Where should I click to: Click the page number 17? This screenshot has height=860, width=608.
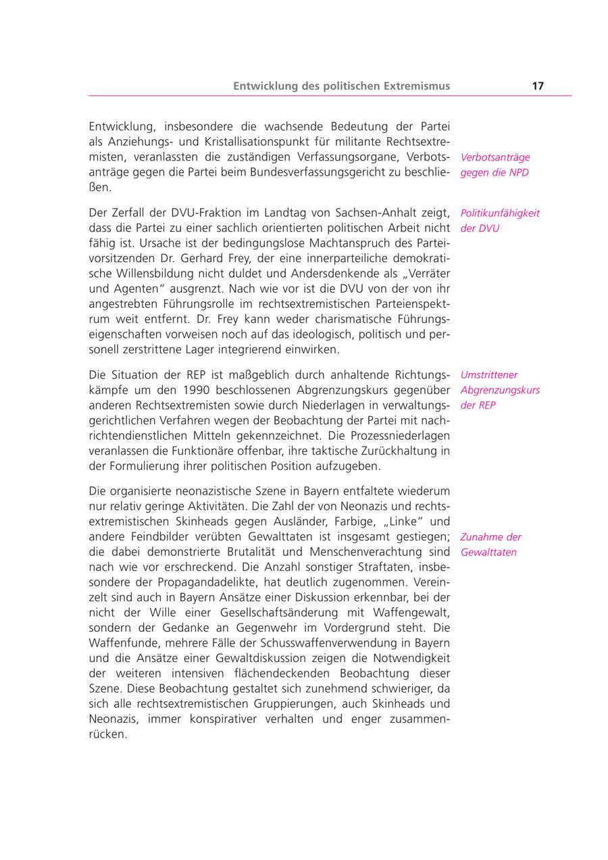tap(538, 86)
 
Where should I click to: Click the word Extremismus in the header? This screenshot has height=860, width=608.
tap(415, 86)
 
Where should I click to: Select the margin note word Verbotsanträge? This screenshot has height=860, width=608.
tap(495, 157)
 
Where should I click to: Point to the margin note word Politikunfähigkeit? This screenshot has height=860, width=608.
tap(500, 213)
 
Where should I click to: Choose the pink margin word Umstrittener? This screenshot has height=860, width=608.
tap(490, 375)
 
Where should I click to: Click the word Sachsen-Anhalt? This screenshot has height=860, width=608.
tap(355, 213)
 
